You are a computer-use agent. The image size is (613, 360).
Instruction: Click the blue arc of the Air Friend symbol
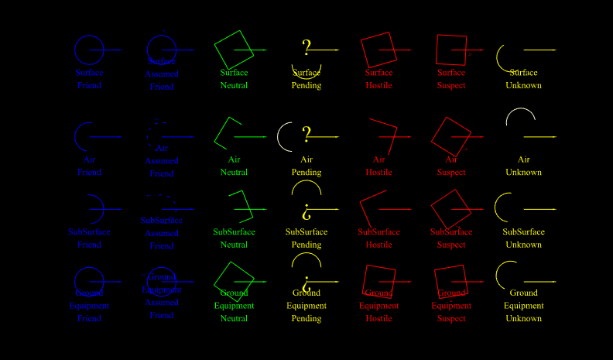click(77, 136)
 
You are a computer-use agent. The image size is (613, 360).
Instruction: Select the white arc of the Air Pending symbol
click(279, 136)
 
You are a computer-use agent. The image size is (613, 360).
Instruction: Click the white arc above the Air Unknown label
click(520, 111)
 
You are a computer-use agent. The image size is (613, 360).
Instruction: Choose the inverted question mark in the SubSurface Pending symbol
click(306, 209)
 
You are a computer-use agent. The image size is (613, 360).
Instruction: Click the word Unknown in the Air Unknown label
click(524, 172)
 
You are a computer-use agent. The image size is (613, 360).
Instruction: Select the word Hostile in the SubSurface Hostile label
click(379, 245)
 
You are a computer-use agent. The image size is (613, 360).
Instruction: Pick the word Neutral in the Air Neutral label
click(235, 172)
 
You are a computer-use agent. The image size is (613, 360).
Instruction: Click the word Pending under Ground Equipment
click(306, 318)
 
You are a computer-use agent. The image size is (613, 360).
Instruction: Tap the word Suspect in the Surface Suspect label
click(451, 85)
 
